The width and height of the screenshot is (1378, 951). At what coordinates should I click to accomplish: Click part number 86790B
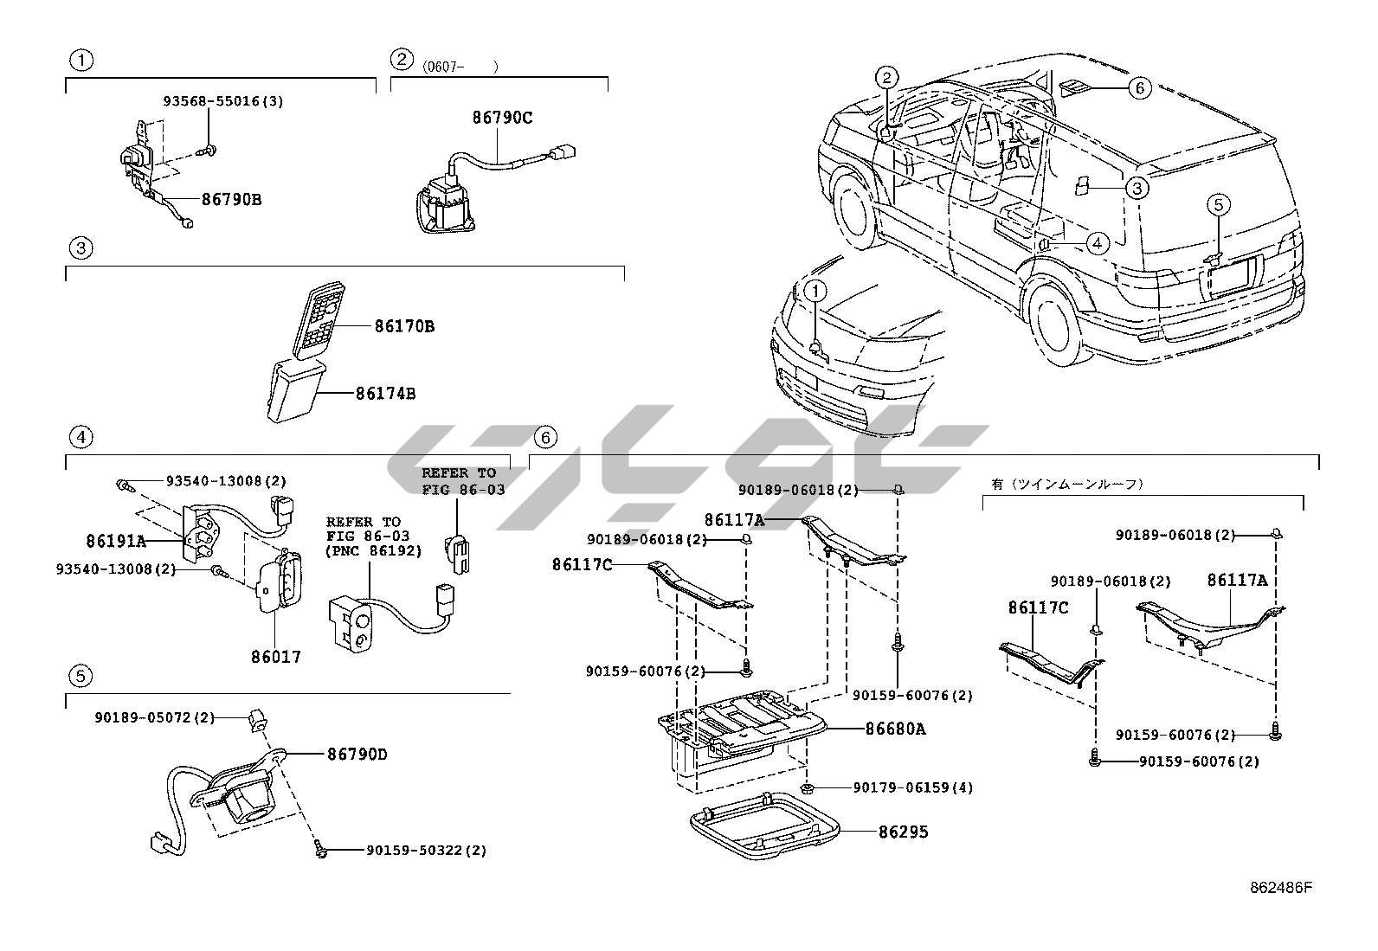[231, 199]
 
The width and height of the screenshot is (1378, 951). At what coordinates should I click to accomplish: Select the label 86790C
[502, 118]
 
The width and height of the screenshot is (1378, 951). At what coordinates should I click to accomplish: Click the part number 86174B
[385, 394]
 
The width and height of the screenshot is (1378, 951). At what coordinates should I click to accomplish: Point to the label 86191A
[116, 542]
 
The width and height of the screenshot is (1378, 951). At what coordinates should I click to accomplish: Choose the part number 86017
[276, 657]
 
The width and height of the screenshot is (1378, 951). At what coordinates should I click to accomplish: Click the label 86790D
[357, 755]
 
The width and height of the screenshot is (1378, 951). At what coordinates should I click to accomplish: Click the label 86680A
[895, 729]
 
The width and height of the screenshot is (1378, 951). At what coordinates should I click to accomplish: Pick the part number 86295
[903, 832]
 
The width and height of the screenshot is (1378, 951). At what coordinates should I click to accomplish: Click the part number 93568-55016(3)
[222, 101]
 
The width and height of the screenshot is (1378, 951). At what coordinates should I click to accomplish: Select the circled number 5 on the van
[1218, 205]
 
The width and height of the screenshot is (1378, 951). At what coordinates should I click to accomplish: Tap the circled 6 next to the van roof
[1139, 87]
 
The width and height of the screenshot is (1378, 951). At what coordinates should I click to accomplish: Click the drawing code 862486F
[1281, 887]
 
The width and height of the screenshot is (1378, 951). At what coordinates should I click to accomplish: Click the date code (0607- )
[460, 66]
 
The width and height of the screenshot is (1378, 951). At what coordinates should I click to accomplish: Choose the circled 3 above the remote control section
[80, 248]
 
